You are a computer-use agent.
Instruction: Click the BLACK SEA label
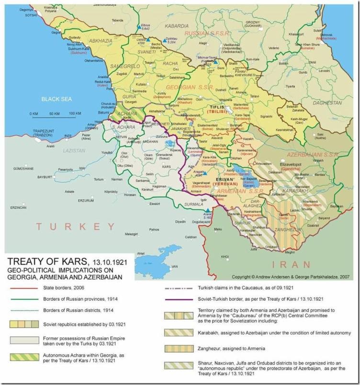click(x=56, y=99)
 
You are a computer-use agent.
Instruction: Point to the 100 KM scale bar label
click(x=75, y=113)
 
